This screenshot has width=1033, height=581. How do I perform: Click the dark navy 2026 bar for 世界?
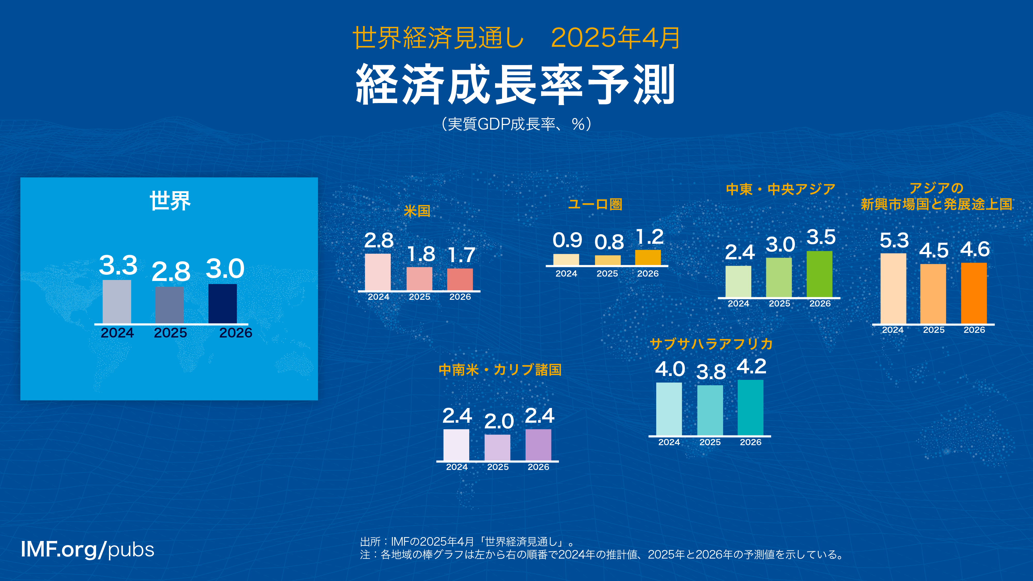(223, 303)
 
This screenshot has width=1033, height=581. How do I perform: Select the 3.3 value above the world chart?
(118, 265)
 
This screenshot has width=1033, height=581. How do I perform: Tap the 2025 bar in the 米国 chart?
(419, 279)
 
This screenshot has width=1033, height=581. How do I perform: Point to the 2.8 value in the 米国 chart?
(379, 241)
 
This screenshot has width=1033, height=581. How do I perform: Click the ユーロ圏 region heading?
(595, 205)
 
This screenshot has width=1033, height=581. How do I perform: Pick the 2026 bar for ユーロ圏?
(648, 257)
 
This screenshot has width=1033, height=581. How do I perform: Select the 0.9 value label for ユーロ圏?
(567, 240)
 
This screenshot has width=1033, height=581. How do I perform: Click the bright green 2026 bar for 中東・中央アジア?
(819, 274)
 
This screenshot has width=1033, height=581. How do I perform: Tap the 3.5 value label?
(821, 237)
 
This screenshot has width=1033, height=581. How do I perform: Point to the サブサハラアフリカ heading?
(711, 344)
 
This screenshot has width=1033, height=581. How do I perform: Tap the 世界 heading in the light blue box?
(170, 200)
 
